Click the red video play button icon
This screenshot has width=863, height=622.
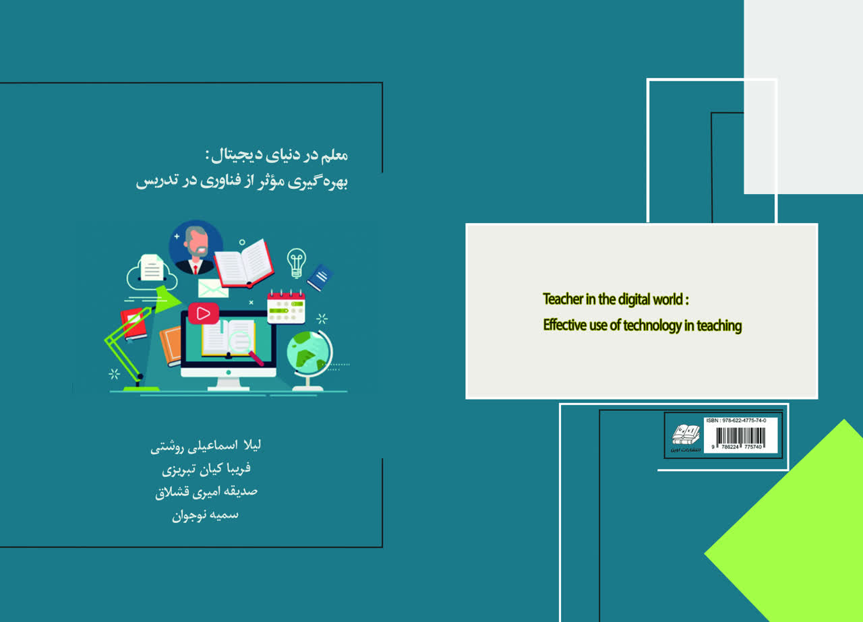(x=203, y=313)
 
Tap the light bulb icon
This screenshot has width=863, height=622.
(x=296, y=262)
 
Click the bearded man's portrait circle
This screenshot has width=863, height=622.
(x=196, y=247)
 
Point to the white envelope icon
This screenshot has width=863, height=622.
(x=213, y=288)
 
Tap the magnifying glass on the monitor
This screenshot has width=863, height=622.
(x=245, y=346)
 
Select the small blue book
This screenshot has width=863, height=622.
(x=320, y=276)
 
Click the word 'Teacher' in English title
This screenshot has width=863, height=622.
(x=565, y=299)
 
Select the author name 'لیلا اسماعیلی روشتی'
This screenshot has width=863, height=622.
(x=207, y=446)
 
